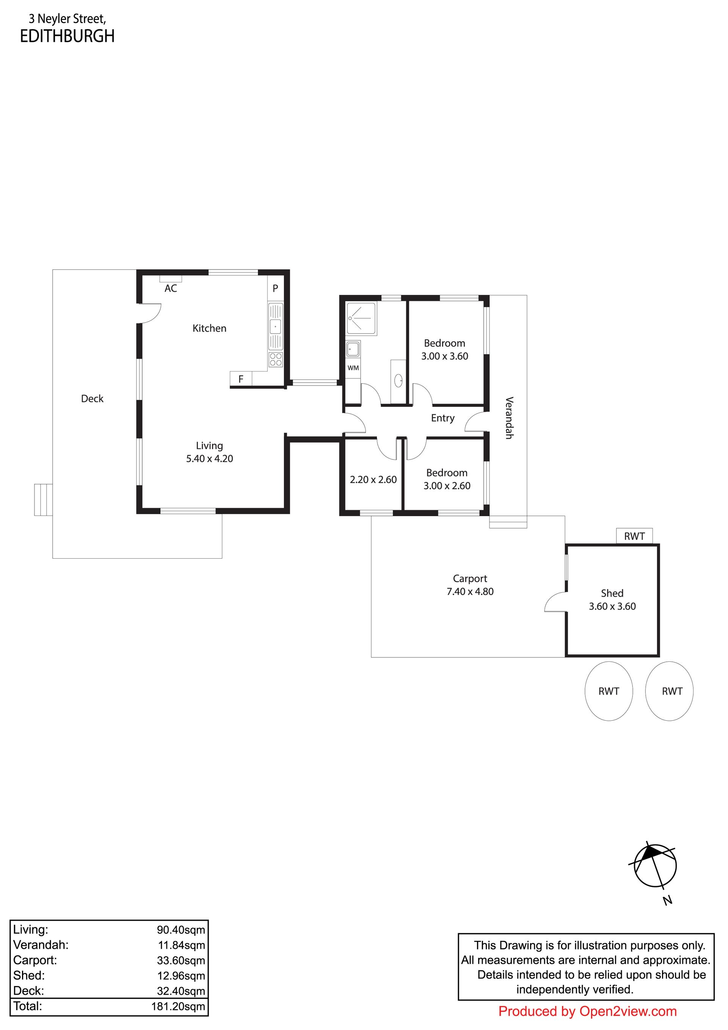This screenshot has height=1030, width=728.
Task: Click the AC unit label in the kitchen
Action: tap(171, 288)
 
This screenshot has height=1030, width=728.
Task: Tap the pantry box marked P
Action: tap(275, 288)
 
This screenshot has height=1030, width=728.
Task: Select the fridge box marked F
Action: tap(241, 379)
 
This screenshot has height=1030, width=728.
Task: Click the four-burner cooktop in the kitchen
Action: tap(276, 359)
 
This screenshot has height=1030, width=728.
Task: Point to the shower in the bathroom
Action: tap(361, 318)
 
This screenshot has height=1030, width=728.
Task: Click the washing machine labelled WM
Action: tap(353, 368)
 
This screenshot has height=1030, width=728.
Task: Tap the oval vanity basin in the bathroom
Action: tap(399, 381)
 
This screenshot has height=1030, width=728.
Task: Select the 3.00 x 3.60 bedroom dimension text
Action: tap(445, 356)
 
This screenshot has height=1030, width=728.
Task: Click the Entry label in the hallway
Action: tap(443, 418)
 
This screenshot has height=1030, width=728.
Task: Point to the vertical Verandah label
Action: tap(509, 417)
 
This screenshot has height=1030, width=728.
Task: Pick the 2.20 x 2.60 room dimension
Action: tap(373, 480)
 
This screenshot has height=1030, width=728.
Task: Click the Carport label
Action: tap(470, 578)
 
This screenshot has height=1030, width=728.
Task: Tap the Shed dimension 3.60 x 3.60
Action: tap(612, 606)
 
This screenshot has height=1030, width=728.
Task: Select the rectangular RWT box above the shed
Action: tap(634, 536)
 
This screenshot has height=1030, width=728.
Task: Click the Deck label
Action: tap(93, 398)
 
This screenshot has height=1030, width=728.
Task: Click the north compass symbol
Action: tap(655, 866)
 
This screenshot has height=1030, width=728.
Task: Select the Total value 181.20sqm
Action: tap(178, 1006)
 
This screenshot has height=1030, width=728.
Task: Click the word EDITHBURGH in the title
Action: tap(67, 36)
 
